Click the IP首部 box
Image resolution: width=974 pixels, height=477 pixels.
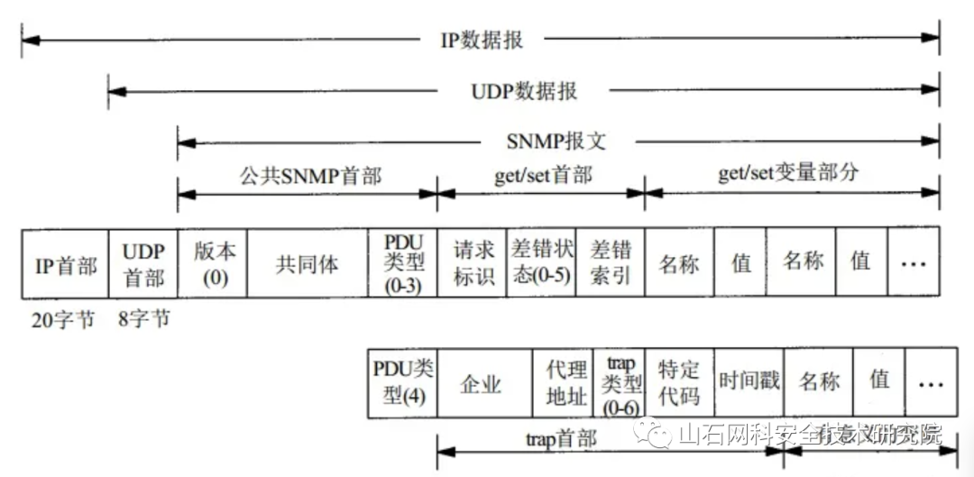65,263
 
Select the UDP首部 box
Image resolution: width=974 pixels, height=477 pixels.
142,263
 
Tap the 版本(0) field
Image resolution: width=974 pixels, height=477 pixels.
213,263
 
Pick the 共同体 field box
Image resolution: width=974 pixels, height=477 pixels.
308,263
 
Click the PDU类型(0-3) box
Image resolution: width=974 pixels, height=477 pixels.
403,263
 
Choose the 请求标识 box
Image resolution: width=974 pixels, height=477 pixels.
472,263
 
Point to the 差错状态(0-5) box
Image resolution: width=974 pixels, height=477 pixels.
541,263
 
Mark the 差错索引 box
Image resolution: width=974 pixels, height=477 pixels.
610,263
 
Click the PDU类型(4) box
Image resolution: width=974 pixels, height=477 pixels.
402,382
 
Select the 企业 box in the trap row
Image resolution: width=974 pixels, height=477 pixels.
481,384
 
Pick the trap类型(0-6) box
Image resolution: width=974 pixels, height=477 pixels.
620,382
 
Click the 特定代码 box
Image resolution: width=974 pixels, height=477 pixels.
679,382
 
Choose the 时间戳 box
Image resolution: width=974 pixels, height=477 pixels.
749,382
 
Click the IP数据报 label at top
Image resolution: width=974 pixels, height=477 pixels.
482,41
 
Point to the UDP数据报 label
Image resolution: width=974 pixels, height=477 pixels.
524,91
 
